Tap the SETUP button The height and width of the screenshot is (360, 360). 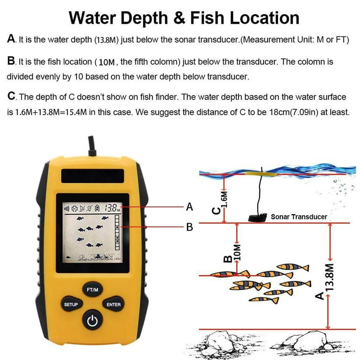click(x=71, y=304)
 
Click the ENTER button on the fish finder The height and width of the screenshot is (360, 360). click(x=113, y=304)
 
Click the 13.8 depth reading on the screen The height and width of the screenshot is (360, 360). click(x=111, y=208)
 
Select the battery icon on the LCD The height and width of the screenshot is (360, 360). click(x=98, y=208)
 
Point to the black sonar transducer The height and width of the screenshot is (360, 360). click(x=257, y=217)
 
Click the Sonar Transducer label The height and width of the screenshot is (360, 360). click(x=299, y=217)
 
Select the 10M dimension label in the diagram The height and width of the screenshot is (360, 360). click(x=237, y=252)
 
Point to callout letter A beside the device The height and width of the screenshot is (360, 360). click(x=189, y=207)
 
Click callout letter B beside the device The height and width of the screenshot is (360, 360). click(x=190, y=227)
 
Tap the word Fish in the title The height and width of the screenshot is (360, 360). click(x=207, y=18)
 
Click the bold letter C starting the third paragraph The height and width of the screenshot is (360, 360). click(x=11, y=96)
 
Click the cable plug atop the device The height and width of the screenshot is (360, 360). click(x=92, y=146)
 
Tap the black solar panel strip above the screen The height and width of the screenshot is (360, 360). click(x=92, y=176)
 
